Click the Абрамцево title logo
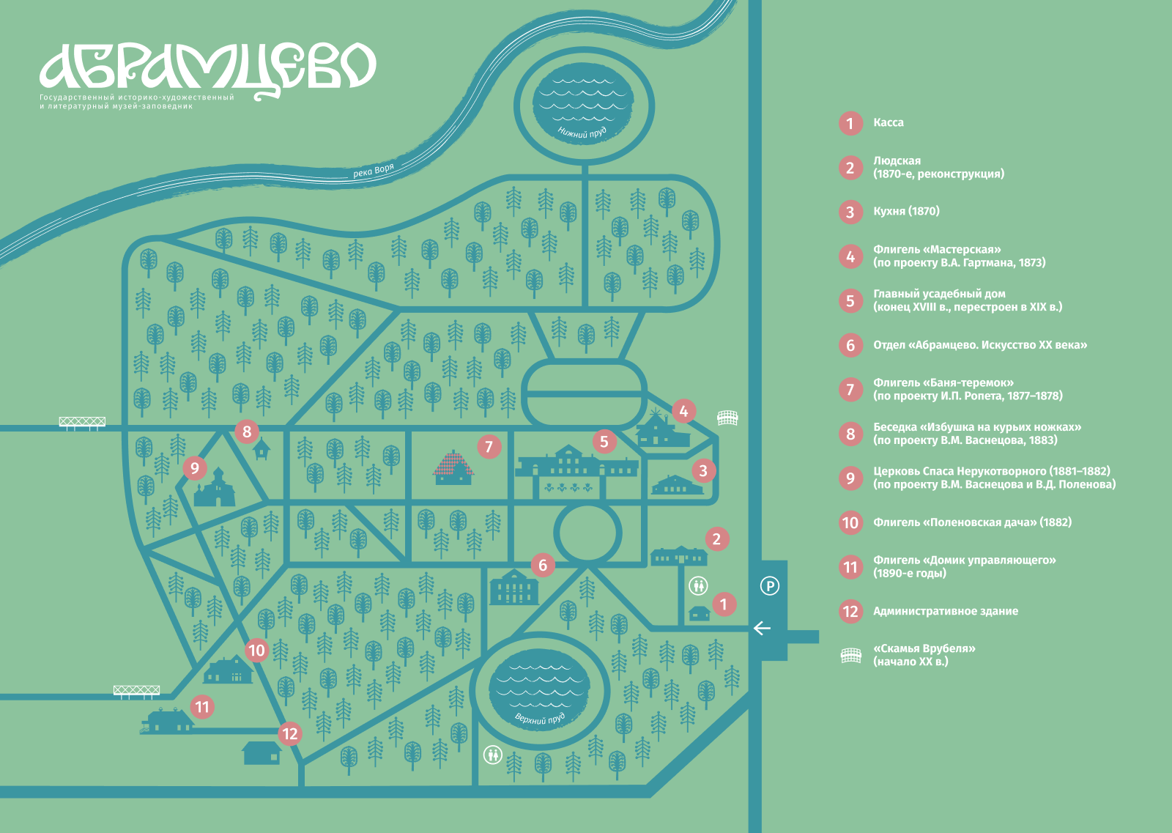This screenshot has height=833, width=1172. tap(208, 70)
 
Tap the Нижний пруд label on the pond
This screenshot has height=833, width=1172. tap(582, 133)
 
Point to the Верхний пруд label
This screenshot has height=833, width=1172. tap(539, 719)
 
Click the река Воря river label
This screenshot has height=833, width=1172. tap(373, 171)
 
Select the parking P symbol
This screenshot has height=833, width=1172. tap(770, 585)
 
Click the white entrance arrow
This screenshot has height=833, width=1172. tap(762, 628)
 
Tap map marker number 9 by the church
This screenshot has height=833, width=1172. tap(195, 467)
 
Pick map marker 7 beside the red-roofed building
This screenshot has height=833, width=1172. tap(489, 447)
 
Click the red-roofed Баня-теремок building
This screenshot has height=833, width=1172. tap(453, 467)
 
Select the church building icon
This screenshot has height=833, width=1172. tap(215, 487)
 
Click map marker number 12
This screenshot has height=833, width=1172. tap(290, 733)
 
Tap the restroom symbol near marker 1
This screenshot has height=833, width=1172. tap(699, 585)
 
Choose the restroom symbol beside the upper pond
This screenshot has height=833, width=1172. tap(492, 755)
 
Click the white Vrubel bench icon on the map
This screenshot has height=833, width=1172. tap(727, 418)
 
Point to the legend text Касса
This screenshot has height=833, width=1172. tap(889, 122)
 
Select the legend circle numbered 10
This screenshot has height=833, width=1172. tap(850, 522)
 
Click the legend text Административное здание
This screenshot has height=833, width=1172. tap(946, 611)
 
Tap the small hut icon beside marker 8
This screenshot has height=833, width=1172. tap(262, 449)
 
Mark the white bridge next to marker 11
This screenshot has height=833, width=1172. tap(136, 691)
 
